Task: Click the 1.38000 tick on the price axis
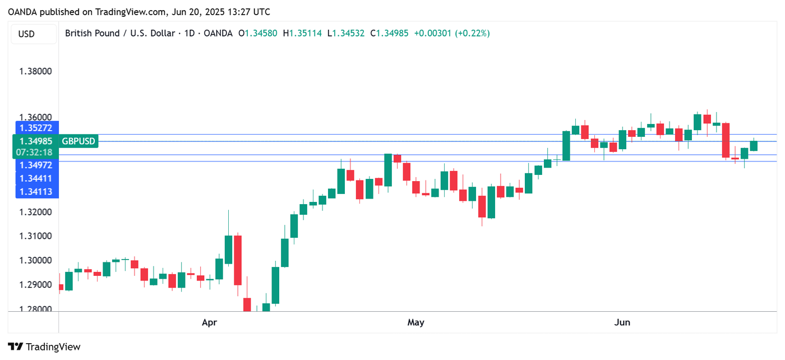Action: coord(35,72)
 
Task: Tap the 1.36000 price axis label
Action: coord(35,118)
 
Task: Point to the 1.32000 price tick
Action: coord(35,213)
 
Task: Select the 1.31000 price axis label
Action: coord(35,236)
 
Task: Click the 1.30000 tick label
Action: coord(35,261)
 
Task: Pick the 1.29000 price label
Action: coord(35,285)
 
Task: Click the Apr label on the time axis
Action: coord(209,322)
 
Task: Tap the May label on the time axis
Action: coord(415,322)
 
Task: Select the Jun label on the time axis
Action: coord(622,322)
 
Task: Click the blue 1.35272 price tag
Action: coord(36,128)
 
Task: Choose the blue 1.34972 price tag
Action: coord(36,165)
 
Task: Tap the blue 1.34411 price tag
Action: coord(36,178)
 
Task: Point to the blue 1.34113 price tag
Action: coord(36,192)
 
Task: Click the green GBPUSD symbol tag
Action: coord(78,141)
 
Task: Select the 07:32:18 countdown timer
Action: coord(34,152)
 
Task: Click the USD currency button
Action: coord(26,34)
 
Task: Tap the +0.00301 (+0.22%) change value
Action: coord(451,34)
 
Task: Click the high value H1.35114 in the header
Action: coord(302,34)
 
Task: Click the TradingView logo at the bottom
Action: coord(44,347)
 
